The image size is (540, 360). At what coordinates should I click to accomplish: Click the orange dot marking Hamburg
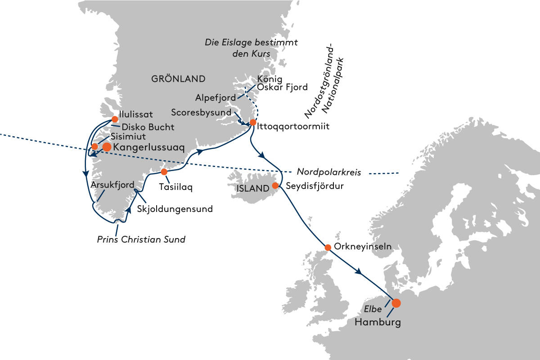(396, 303)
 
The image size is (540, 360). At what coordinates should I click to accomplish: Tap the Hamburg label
(377, 322)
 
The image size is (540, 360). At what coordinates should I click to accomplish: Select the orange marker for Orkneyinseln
(328, 247)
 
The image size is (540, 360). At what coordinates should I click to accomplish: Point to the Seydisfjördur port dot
(275, 185)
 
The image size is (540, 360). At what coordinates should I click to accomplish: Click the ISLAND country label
(252, 189)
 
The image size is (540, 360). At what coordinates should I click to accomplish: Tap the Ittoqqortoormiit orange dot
(253, 122)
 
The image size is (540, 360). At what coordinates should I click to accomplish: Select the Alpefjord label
(215, 97)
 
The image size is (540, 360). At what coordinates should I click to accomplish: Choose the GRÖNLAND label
(178, 79)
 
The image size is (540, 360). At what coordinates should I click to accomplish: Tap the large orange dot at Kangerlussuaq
(107, 147)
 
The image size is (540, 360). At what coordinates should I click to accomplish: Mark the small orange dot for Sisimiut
(94, 147)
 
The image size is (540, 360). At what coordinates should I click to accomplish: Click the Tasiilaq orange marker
(164, 172)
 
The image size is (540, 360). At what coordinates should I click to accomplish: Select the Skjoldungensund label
(175, 209)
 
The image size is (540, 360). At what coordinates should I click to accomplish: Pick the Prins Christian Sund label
(141, 239)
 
